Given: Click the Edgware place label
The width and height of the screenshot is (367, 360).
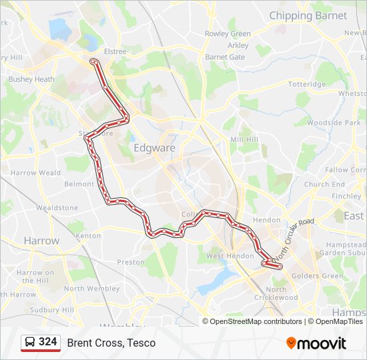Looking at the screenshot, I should point(154,147).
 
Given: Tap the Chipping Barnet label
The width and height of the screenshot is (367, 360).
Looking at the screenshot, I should point(308,15).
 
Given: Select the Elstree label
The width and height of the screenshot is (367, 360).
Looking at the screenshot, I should point(115,50).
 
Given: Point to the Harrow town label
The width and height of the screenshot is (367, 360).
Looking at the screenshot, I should point(41,240).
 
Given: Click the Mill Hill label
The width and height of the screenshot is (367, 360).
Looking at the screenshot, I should point(244,139).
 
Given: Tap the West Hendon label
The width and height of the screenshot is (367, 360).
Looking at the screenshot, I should point(230,256).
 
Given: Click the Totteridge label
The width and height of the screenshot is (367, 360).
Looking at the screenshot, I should point(306,85).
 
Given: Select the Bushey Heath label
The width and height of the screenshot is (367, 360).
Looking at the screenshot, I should point(31,79).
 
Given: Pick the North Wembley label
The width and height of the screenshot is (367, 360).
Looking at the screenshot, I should point(93,289).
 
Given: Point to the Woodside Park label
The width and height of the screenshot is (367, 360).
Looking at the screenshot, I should point(334,123).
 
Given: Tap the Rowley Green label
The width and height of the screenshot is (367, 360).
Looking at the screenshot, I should point(228,34).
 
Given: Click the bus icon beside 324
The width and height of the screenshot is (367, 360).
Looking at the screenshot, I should point(29,343).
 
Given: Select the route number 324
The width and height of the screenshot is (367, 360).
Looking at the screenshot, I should point(48,342).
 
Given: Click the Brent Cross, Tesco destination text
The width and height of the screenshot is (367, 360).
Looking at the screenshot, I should point(111,343).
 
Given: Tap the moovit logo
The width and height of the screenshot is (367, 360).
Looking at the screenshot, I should point(316,343).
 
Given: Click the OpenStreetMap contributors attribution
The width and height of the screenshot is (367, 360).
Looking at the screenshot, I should point(256,321).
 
